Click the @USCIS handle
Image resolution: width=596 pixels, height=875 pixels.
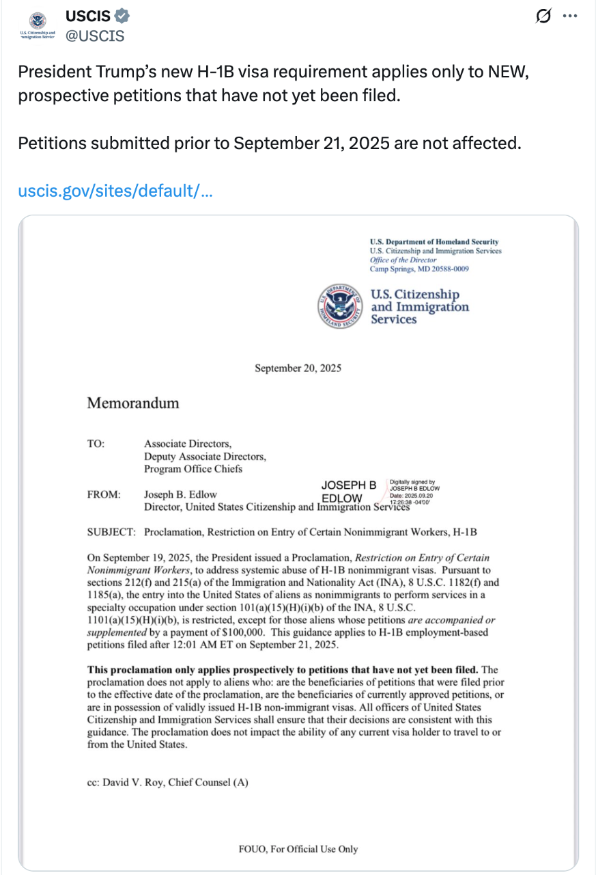pos(95,36)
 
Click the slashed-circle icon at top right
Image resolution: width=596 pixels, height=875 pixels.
pos(543,17)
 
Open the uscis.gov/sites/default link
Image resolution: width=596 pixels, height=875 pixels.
pos(115,189)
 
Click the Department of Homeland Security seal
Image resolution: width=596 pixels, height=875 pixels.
pos(341,306)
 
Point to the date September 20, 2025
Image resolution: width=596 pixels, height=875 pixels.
pos(298,368)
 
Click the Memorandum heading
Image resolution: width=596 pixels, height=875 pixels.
pos(132,403)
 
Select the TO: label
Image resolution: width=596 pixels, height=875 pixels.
pos(96,444)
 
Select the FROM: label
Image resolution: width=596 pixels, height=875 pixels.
pos(104,494)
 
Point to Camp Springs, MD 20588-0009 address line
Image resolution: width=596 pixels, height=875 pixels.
pos(419,269)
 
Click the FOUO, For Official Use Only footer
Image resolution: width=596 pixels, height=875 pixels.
pos(298,849)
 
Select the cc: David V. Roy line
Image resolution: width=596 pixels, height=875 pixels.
pos(167,783)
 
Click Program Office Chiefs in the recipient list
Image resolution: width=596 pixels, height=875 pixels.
pos(193,469)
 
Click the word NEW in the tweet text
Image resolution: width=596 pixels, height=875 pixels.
pos(509,72)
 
